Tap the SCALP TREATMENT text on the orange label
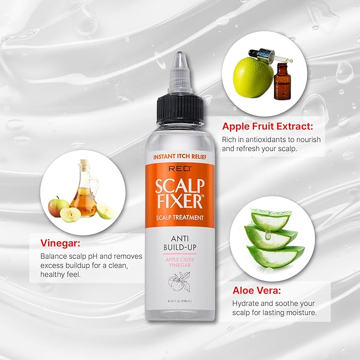[180, 217]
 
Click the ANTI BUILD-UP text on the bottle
[180, 242]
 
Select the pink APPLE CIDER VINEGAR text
[180, 261]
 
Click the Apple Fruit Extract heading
[268, 127]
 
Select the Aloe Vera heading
[257, 291]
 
